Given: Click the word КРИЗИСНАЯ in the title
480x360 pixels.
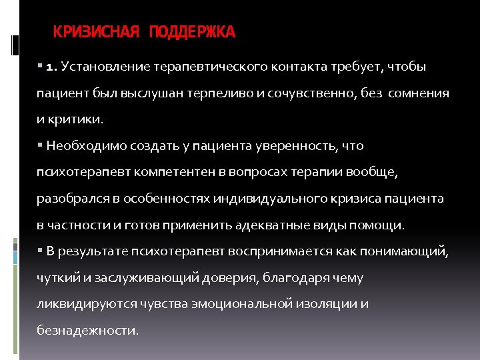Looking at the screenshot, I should tap(96, 32).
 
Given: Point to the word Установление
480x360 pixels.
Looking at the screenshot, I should tap(107, 67).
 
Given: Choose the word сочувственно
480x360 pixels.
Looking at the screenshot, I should tap(300, 93).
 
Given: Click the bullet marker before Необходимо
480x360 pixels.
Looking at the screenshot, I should tap(41, 145).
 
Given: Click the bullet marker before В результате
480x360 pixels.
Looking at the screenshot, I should tap(41, 250).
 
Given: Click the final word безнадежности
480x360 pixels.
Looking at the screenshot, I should tap(87, 330).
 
